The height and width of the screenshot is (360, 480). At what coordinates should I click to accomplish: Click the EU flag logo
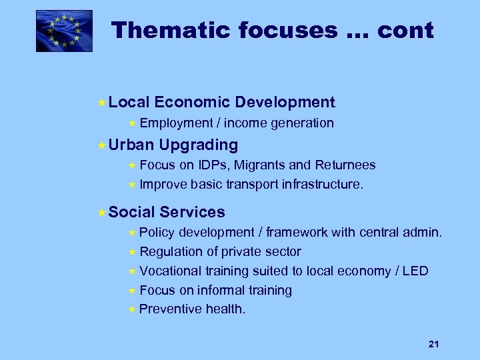(x=64, y=31)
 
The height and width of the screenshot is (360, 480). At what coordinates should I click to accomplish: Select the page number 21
(x=433, y=344)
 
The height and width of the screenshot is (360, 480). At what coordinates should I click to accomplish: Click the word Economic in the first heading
(x=192, y=102)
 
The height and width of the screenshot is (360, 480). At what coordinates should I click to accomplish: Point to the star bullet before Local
(x=101, y=103)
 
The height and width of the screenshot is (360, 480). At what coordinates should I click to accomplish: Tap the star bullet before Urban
(x=101, y=145)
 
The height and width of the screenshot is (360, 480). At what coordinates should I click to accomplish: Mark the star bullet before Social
(x=101, y=213)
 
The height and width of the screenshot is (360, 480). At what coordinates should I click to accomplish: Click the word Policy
(x=157, y=232)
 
